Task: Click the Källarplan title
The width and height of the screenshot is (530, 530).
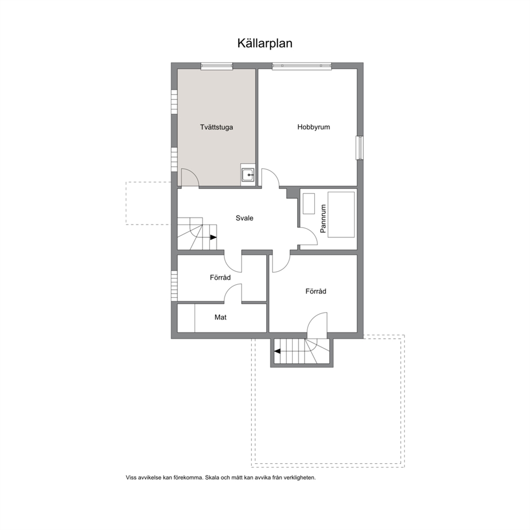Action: click(x=264, y=44)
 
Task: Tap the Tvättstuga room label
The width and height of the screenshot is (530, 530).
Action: click(x=216, y=128)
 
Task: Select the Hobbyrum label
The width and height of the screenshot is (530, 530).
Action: click(x=314, y=127)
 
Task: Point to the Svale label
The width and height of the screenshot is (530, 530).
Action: click(x=244, y=218)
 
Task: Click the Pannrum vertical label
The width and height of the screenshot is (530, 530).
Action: click(x=323, y=219)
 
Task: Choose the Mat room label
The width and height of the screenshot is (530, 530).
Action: click(x=220, y=317)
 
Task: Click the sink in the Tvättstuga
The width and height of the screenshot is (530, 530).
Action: click(x=248, y=175)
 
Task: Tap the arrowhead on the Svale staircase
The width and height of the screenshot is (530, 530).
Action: click(x=213, y=237)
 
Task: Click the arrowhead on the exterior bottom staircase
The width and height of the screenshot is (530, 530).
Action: click(x=277, y=351)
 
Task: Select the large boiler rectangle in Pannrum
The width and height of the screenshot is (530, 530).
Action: click(x=341, y=215)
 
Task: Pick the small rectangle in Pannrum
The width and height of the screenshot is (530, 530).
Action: click(x=309, y=203)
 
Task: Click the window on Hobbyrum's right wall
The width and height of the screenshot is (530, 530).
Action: click(x=360, y=147)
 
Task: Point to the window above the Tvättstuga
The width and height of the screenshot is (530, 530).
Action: click(x=217, y=66)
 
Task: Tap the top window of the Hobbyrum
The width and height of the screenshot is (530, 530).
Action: click(x=302, y=66)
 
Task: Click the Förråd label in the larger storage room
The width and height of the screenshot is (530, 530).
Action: click(x=316, y=291)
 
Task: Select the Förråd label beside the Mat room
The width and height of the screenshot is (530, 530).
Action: click(x=220, y=277)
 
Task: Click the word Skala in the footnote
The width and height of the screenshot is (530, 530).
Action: click(x=212, y=478)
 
